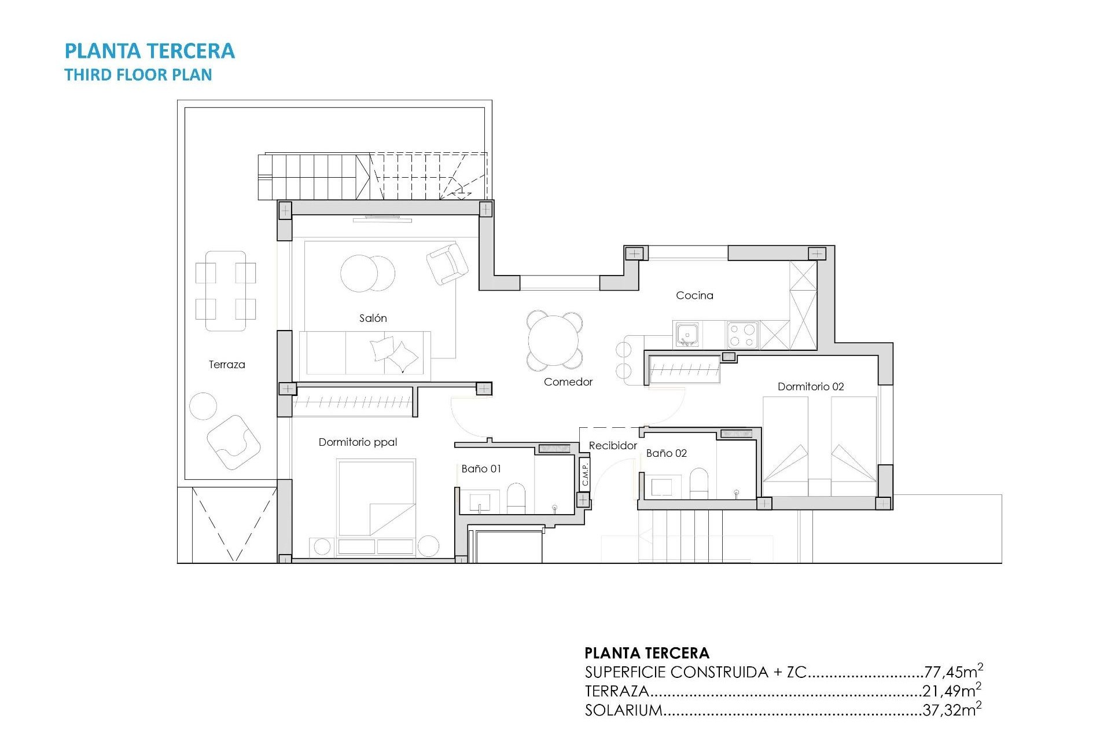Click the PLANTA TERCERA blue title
pos(149,51)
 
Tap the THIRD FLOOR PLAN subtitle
pos(138,75)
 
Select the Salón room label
pos(373,318)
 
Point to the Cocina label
pos(694,295)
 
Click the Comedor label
pos(568,381)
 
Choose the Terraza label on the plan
pos(227,364)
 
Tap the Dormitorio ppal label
pos(358,442)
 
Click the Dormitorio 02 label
pos(810,386)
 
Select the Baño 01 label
pos(481,468)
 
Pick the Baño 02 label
pos(666,453)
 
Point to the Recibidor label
pos(612,445)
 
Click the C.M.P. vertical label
pos(585,474)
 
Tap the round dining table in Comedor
pos(554,340)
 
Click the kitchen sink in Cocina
pos(687,335)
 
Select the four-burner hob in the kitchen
pos(742,335)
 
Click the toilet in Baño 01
pos(516,498)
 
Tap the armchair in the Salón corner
pos(447,263)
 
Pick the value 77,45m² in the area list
pos(953,672)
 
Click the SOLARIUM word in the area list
pos(623,710)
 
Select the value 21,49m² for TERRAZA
pos(952,691)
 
